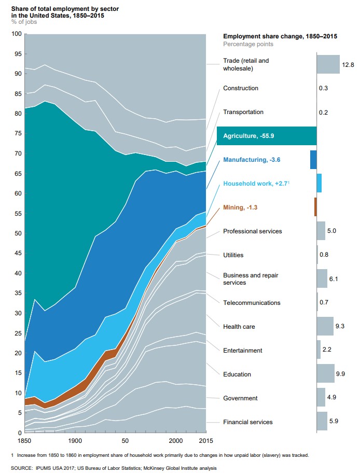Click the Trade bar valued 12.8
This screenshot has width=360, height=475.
tap(328, 64)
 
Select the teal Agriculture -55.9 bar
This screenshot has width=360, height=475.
tap(267, 136)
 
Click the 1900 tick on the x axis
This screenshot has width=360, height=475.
tap(75, 440)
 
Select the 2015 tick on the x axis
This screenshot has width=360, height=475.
tap(206, 440)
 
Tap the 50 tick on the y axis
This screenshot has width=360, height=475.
tap(17, 233)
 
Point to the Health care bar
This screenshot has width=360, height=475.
tap(325, 326)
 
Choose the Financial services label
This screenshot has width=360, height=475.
tap(247, 422)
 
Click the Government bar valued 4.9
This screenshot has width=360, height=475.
tap(321, 398)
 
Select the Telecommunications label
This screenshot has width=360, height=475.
tap(251, 303)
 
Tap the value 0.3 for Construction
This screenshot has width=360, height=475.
tap(324, 88)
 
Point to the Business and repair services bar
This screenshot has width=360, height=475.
tap(322, 278)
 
